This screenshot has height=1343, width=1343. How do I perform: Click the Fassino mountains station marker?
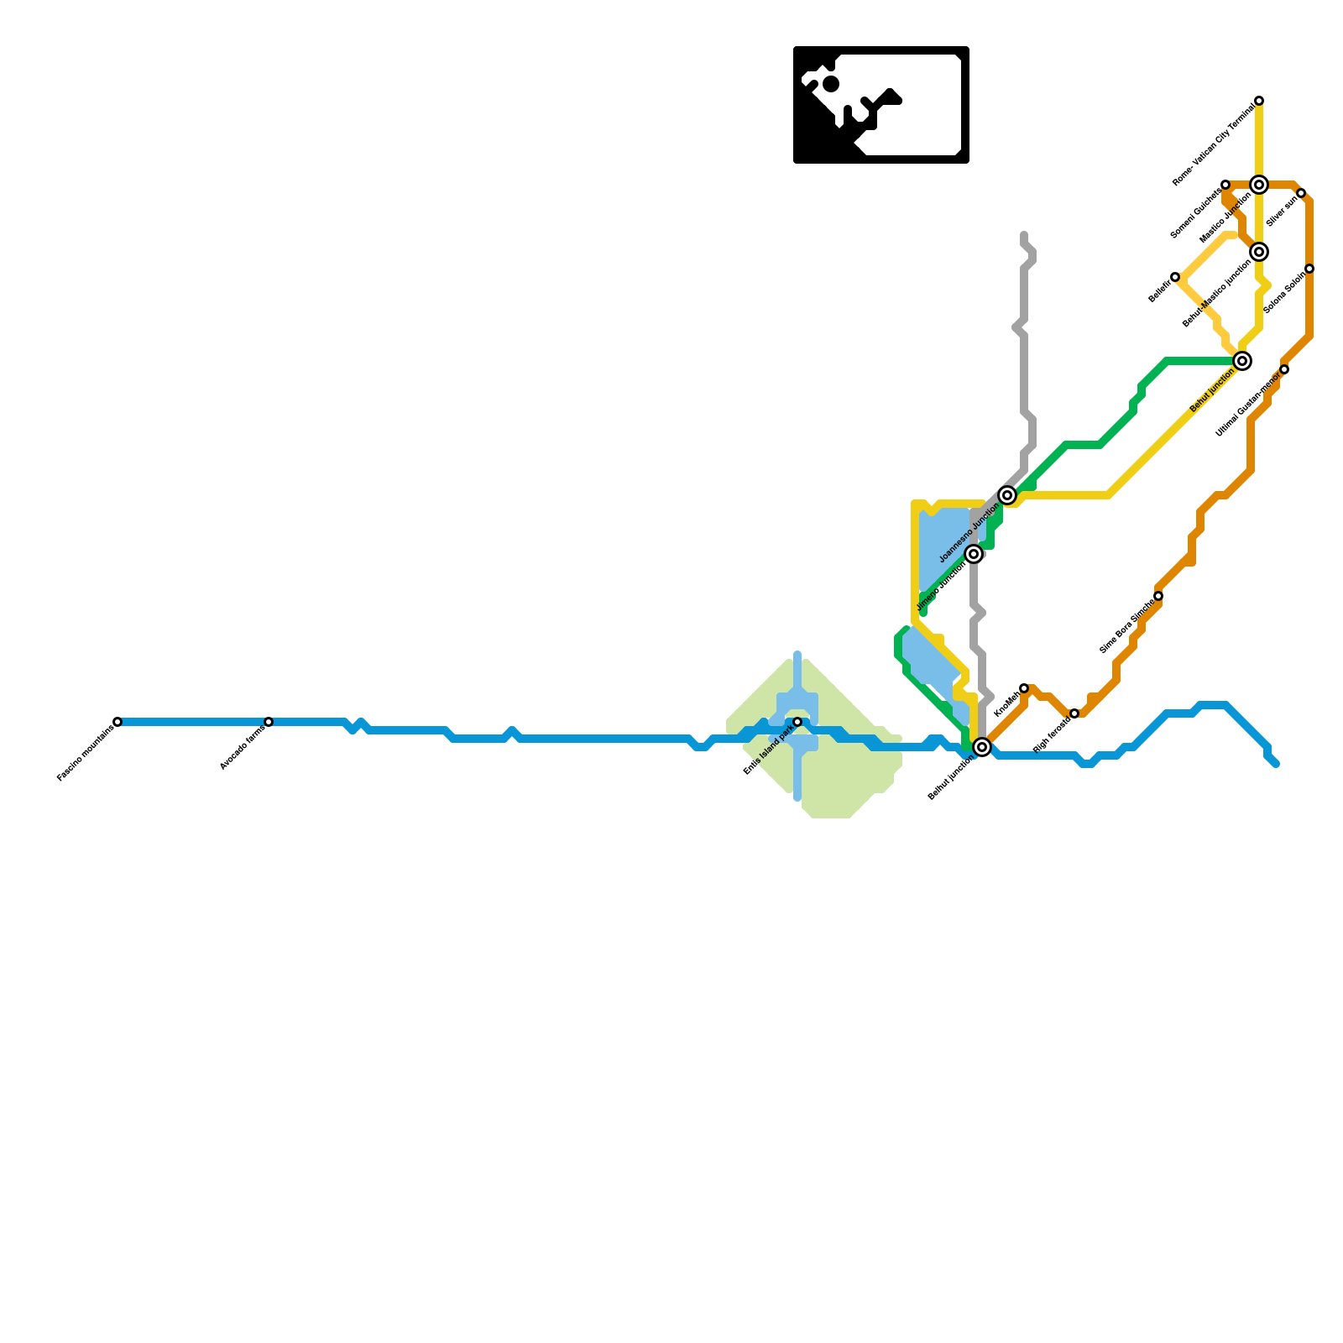coord(118,722)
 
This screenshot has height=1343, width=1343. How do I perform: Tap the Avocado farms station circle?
coord(269,722)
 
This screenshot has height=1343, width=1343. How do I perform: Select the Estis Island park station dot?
coord(797,722)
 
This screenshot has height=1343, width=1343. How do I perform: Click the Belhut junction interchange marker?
coord(982,747)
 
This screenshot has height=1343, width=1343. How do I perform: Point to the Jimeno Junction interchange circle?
coord(974,554)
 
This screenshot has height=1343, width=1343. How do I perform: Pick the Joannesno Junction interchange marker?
coord(1007,495)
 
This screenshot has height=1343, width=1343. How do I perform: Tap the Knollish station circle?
coord(1024,688)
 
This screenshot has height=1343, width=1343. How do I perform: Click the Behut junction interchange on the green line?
coord(1242,361)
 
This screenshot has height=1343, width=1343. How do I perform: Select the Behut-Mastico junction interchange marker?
coord(1259,252)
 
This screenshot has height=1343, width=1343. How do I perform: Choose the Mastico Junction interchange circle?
coord(1259,185)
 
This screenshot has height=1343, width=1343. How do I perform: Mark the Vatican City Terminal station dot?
coord(1259,101)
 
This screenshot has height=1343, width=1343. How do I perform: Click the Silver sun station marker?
coord(1301,193)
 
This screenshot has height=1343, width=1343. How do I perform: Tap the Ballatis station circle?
coord(1175,277)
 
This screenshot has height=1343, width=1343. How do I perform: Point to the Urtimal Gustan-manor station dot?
coord(1284,369)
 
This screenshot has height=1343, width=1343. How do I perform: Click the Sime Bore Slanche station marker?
coord(1158,596)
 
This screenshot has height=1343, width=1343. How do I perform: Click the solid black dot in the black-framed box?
coord(831,84)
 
